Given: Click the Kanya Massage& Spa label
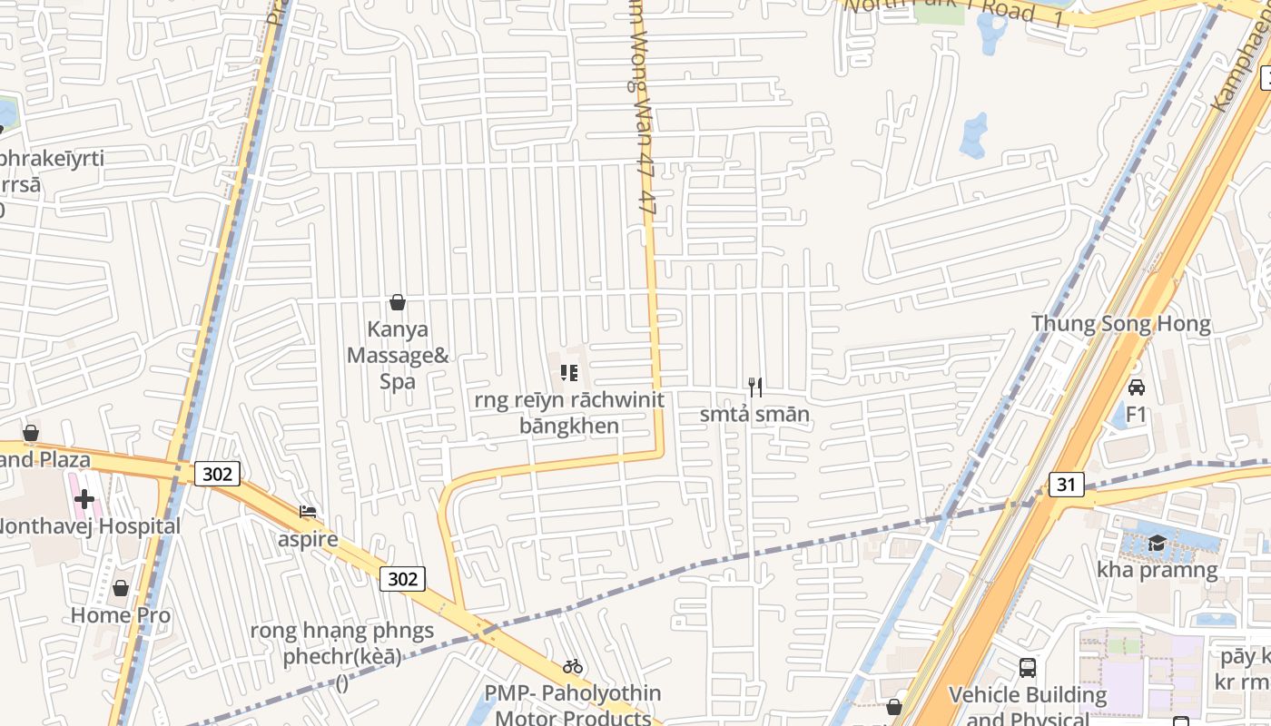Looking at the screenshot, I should point(398,355).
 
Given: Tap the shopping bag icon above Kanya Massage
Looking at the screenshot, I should point(397,302).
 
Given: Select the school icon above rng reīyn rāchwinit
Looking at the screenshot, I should point(569,372).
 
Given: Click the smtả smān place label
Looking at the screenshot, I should point(754,415).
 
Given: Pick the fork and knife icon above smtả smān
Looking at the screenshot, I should point(754,387).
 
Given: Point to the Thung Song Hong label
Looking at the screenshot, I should point(1120,324).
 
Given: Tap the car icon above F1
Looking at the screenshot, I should point(1136,388).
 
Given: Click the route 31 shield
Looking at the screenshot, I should point(1066,485).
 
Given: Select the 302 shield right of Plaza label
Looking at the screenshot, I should point(217,473).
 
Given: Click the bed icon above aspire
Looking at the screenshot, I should point(308,513).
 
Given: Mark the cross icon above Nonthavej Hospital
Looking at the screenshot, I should point(84,498).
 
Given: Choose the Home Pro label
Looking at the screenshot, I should point(121,614).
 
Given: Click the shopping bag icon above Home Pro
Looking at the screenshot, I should point(120,588).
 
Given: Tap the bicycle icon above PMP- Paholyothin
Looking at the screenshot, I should point(572,666).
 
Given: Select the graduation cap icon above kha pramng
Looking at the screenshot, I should point(1157,543).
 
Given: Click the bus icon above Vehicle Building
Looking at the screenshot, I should point(1027,668).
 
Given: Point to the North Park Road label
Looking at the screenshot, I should point(953,10).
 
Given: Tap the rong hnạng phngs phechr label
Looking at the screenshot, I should point(342,643).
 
